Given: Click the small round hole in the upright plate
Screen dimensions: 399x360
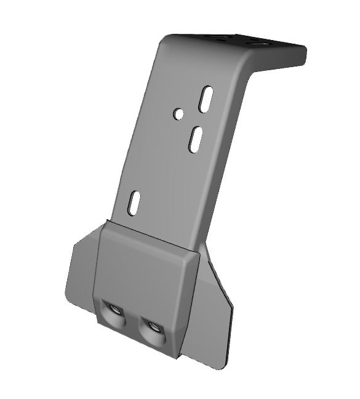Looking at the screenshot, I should [178, 114].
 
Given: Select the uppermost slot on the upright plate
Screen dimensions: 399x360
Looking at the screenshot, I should [206, 100].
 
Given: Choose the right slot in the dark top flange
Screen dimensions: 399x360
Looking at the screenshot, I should [257, 44].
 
